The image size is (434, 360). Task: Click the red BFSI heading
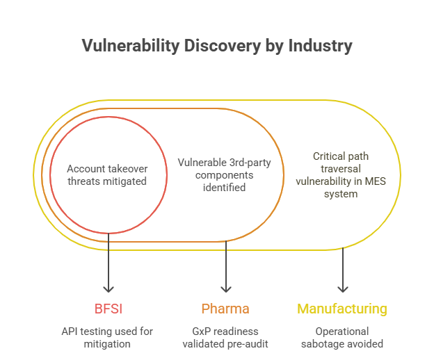click(x=108, y=309)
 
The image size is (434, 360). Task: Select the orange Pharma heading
click(x=225, y=309)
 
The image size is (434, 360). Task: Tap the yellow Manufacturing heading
click(x=342, y=309)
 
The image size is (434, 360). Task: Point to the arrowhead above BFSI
click(x=108, y=287)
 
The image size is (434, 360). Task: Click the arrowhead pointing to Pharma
click(x=225, y=287)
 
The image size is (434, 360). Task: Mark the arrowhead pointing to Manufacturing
click(x=342, y=287)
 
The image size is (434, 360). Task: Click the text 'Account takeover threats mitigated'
click(x=107, y=174)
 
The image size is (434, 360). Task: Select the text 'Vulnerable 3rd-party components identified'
click(x=224, y=174)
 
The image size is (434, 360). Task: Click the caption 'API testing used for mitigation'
click(x=107, y=337)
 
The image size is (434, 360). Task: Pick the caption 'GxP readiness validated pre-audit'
click(x=225, y=337)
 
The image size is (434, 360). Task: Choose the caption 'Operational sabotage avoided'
click(x=342, y=337)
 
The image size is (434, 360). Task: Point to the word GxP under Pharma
click(x=200, y=331)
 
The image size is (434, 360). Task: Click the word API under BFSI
click(x=71, y=331)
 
